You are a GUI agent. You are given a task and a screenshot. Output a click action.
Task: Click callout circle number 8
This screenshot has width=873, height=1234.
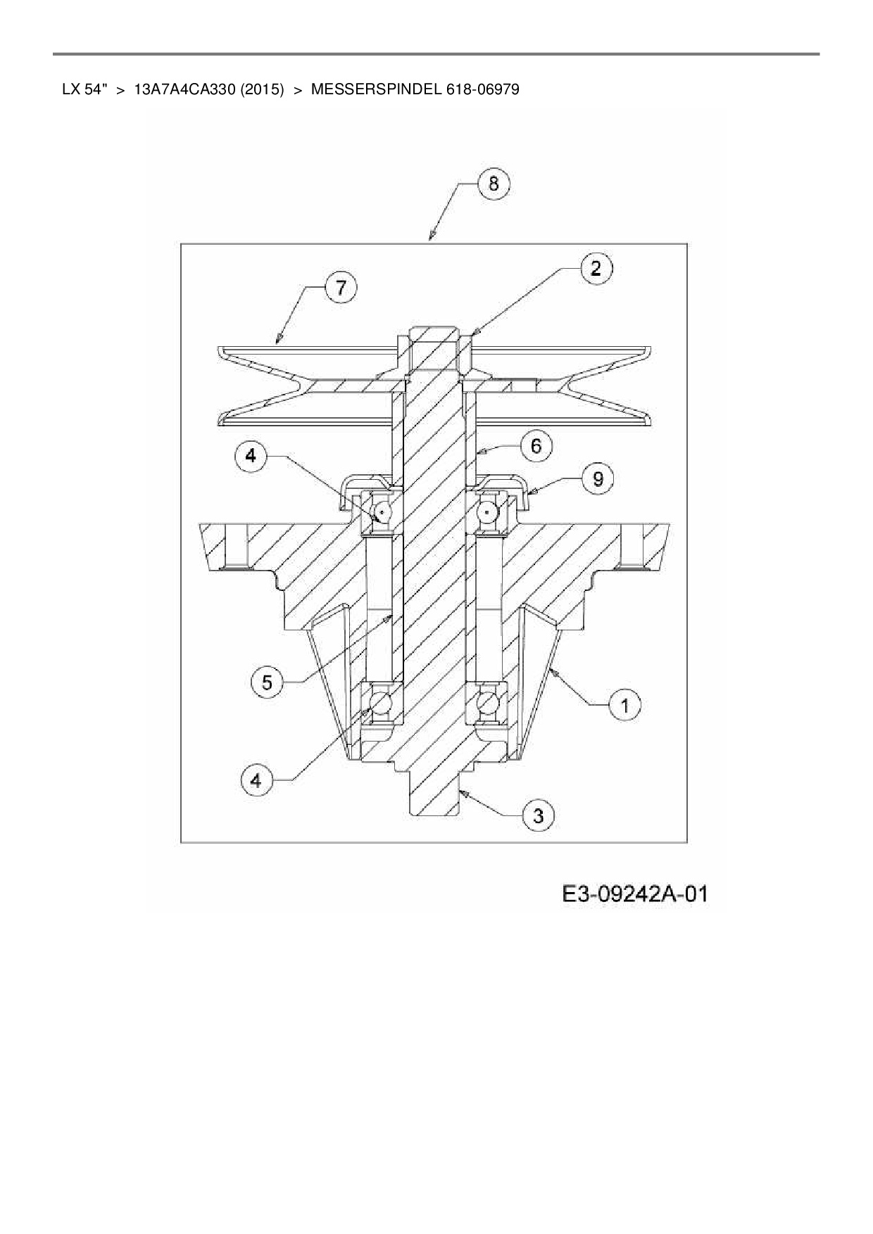pos(494,184)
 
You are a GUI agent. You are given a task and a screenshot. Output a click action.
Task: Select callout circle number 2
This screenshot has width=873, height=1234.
pos(596,269)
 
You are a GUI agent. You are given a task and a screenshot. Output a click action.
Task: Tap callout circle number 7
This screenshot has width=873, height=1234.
pos(341,288)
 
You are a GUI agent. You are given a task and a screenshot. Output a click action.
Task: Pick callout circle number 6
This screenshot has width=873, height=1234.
pos(536,447)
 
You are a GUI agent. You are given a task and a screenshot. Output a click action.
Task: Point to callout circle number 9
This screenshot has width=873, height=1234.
pos(598,479)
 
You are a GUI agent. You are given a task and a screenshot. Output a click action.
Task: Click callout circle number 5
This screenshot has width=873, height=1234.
pos(268,682)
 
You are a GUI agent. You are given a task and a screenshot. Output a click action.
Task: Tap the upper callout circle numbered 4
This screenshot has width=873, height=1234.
pos(251,456)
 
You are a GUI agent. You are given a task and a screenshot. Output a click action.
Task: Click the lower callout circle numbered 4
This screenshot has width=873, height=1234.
pos(256,780)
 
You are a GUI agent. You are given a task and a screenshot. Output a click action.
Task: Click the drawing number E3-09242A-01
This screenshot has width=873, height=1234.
pos(634,895)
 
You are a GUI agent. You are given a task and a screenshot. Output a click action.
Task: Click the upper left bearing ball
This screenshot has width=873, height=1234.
pos(382,511)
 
